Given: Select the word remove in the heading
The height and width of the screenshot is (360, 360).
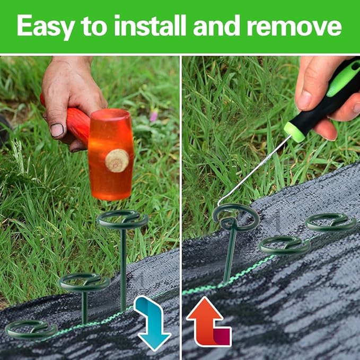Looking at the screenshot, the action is point(294,28).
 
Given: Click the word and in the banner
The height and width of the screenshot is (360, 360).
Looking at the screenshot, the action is point(217,25).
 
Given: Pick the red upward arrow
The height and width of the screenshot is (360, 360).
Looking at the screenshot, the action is point(208,321).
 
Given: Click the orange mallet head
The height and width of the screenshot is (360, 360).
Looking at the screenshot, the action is point(111,154).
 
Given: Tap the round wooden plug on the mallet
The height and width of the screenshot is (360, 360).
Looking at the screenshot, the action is point(117,161).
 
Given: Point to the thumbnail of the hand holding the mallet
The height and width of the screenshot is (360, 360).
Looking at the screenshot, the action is point(57,130).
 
